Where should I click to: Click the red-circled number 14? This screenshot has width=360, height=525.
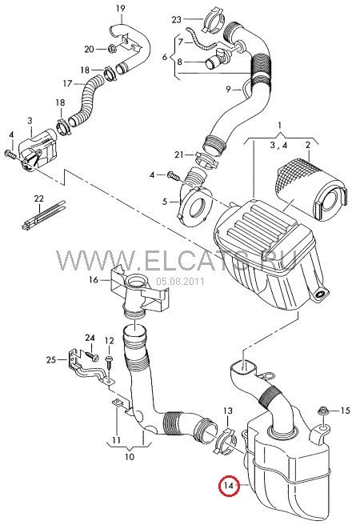(230, 486)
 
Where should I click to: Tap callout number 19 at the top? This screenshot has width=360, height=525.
(121, 9)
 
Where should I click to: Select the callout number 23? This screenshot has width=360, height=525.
(177, 18)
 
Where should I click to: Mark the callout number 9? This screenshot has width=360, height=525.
(228, 89)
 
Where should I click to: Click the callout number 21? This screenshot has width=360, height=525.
(180, 154)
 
